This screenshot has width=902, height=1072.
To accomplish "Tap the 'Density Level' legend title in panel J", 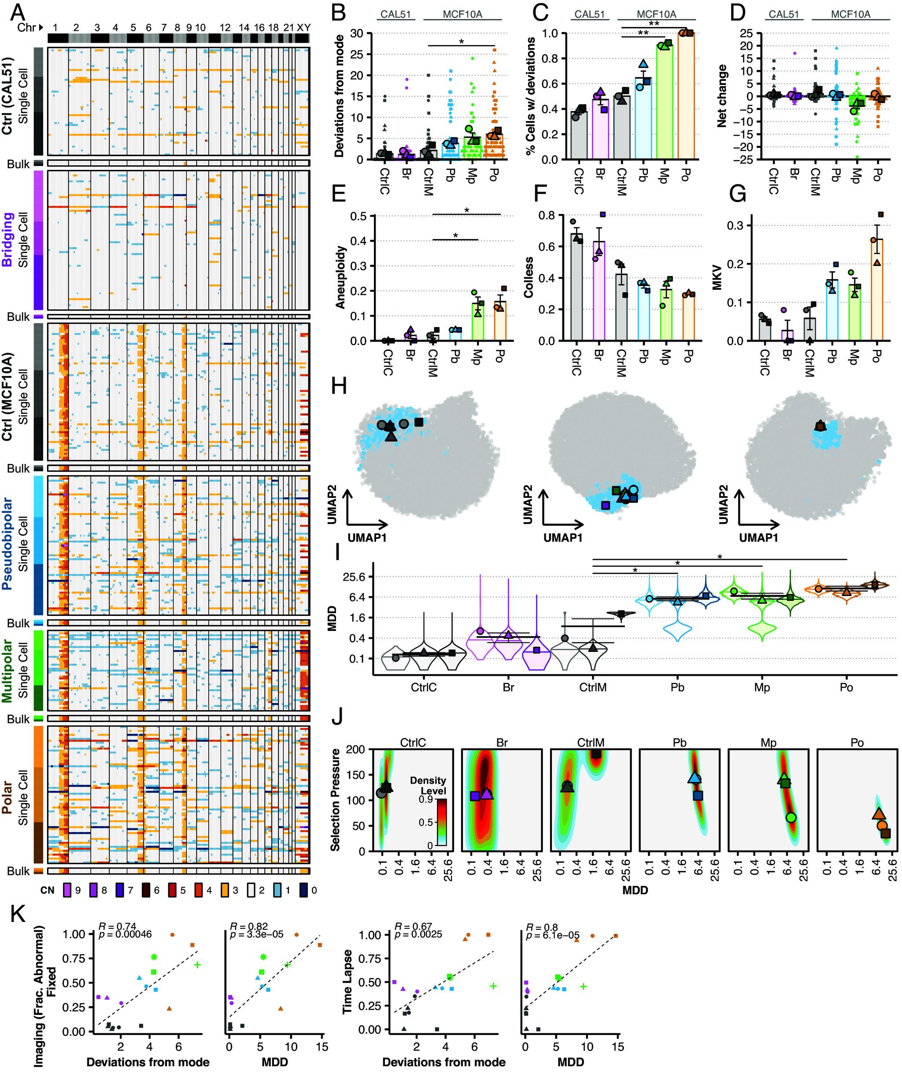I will (428, 786).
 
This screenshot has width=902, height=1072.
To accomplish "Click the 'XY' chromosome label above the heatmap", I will (304, 27).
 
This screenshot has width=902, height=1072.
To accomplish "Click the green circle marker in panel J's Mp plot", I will (791, 818).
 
